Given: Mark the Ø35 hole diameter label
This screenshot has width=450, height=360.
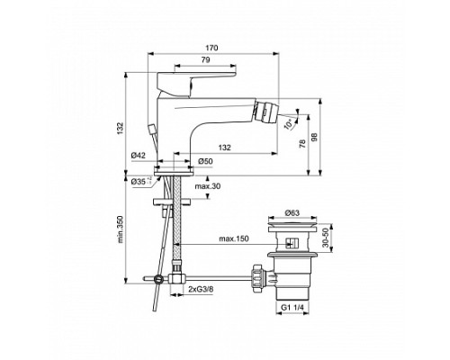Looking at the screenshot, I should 139,181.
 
